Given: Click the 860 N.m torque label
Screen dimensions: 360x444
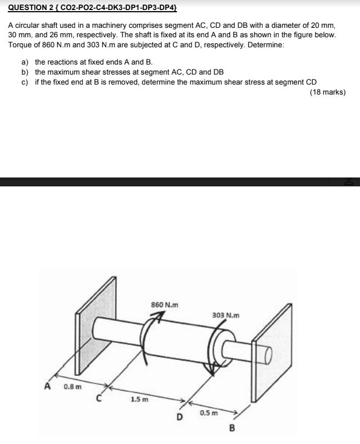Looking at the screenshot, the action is click(x=165, y=304).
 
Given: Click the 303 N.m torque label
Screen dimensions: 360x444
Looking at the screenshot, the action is click(x=226, y=315).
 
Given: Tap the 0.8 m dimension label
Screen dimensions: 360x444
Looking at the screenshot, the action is click(x=71, y=386).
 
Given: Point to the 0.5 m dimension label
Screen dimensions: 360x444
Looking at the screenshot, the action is click(x=208, y=413).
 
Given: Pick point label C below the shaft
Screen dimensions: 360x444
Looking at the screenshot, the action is click(x=98, y=398).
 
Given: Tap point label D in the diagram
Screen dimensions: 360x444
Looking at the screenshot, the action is click(x=179, y=417).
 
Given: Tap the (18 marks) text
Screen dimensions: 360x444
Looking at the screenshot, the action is click(x=327, y=92).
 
